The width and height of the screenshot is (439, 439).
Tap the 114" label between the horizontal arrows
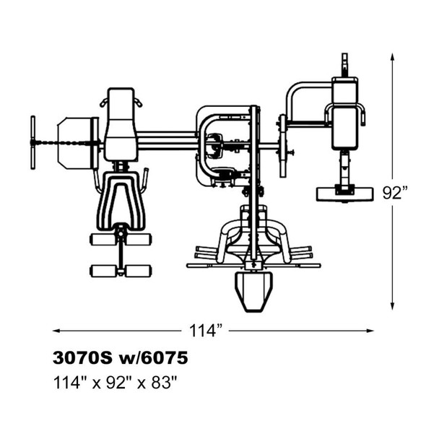206,331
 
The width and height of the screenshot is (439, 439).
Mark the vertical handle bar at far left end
33,142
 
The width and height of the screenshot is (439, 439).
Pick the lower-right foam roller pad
139,271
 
